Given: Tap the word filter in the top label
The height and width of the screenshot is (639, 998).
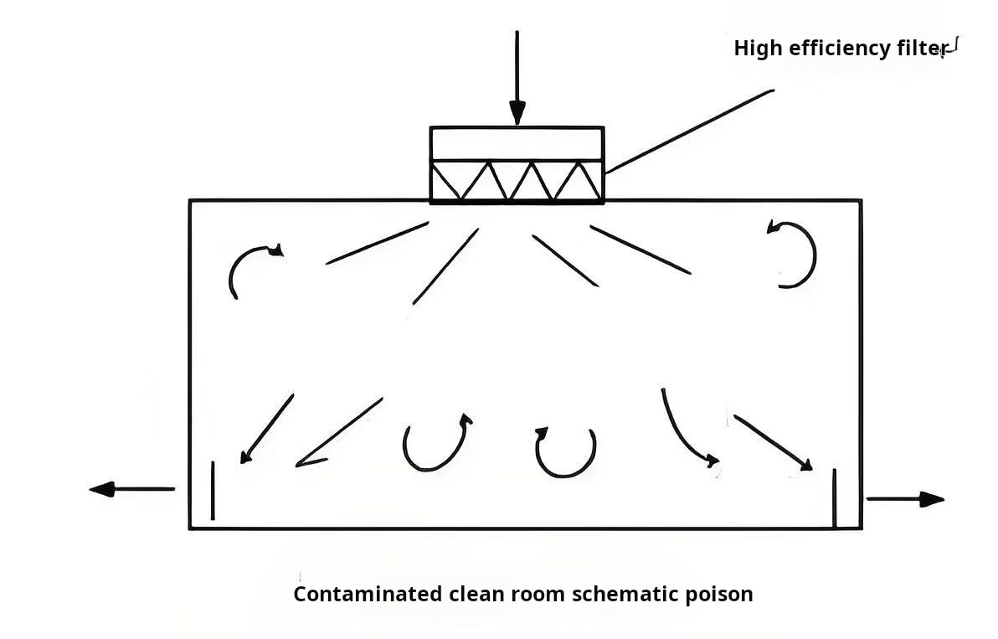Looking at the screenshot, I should click(x=920, y=49).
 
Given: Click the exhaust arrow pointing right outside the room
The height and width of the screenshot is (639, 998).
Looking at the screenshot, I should click(x=905, y=499).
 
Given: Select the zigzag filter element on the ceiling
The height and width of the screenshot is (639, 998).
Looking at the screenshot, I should click(x=517, y=181).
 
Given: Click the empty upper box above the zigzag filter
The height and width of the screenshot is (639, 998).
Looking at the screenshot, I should click(x=517, y=143).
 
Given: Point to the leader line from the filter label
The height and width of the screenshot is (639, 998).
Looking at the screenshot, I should click(x=689, y=131).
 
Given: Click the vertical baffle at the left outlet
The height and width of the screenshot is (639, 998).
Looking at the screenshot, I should click(x=213, y=490).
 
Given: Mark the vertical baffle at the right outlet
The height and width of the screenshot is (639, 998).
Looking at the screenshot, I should click(x=835, y=497).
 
